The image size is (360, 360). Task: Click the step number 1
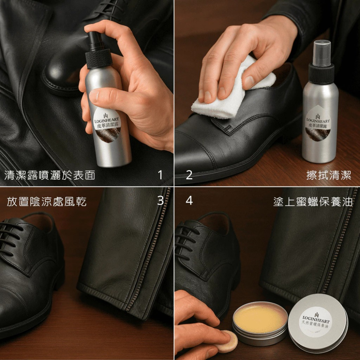coord(160,175)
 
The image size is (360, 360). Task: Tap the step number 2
coord(189,175)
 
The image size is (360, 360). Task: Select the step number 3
coord(160,201)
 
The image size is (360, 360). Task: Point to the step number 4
coord(189,201)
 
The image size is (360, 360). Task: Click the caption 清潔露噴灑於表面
coord(50,175)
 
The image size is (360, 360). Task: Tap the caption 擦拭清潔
coord(329,175)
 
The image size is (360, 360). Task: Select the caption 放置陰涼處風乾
coord(46,202)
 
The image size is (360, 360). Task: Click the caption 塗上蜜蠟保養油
coord(313,202)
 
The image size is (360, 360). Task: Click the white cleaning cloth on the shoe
coord(232,92)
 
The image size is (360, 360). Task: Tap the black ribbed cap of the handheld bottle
coord(99,59)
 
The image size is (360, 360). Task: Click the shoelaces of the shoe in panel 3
coord(10,239)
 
